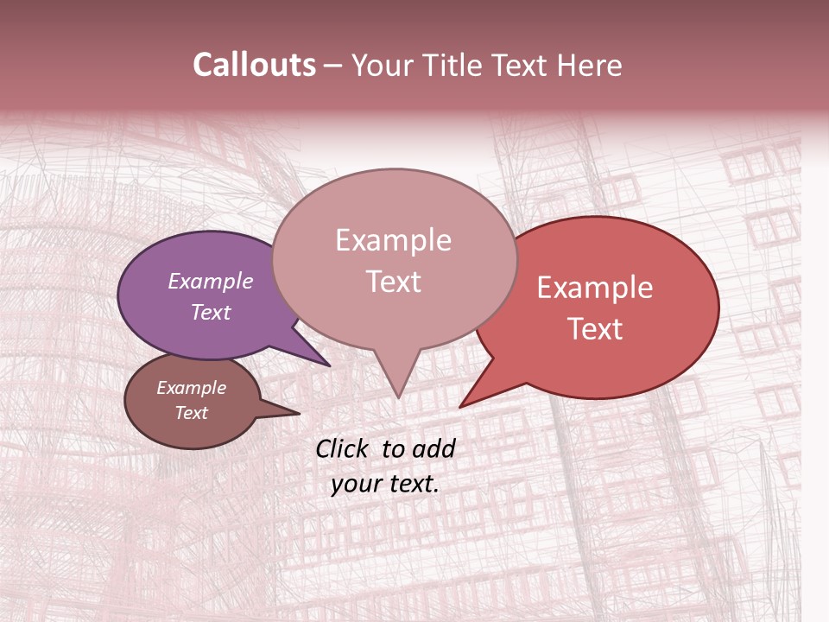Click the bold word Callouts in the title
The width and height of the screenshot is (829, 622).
tap(254, 65)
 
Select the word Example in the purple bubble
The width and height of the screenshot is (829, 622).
tap(211, 281)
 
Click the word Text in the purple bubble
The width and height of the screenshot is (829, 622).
tap(211, 312)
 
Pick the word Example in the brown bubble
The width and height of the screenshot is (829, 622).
tap(192, 388)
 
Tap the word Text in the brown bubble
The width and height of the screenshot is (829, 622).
tap(192, 413)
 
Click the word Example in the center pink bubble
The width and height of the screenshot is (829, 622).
tap(393, 240)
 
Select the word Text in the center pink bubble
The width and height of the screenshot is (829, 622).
tap(393, 282)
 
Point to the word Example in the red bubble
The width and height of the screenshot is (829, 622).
tap(595, 288)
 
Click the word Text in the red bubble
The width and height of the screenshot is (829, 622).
tap(595, 329)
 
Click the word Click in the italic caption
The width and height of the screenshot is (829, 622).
tap(344, 448)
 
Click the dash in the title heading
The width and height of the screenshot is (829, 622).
tap(334, 67)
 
